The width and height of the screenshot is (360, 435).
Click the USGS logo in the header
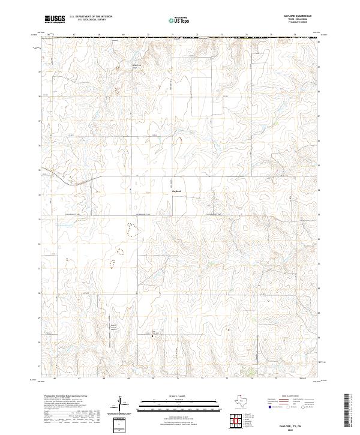tap(55, 19)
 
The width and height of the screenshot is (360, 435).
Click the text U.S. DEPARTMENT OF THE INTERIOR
tap(91, 17)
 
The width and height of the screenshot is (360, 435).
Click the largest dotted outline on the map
tap(131, 228)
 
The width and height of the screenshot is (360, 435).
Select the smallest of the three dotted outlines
tap(112, 262)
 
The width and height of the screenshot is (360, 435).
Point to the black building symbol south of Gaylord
tap(151, 336)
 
